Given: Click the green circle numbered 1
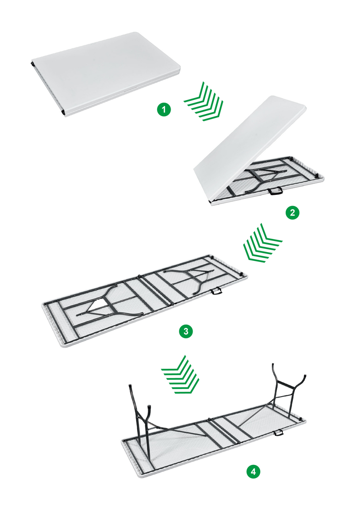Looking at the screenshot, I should coord(164,109).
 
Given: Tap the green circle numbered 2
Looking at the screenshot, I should coord(293,212).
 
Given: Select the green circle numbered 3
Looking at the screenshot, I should coord(186,331).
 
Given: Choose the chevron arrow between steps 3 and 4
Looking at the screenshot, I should coord(180,375).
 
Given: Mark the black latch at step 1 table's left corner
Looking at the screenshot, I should coord(31,63).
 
